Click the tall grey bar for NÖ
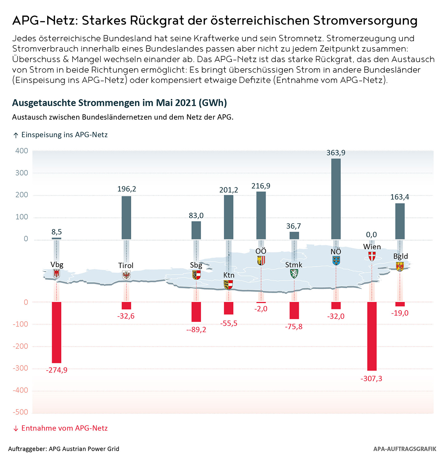coord(336,199)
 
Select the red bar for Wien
coord(372,336)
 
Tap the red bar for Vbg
coord(56,332)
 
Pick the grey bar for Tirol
coord(126,218)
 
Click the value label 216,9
coord(261,186)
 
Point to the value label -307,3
coord(371,379)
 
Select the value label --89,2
coord(196,329)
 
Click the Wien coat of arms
coord(372,256)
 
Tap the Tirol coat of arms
coord(126,275)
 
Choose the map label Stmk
coord(294,265)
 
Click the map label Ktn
coord(229,275)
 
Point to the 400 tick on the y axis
coord(22,151)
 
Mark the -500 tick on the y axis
coord(20,412)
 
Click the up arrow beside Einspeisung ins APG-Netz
coord(16,135)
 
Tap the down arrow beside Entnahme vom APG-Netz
coord(16,428)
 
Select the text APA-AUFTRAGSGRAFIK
coord(405,449)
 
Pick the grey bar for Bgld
coord(400,221)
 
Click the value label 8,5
coord(56,232)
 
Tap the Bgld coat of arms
coord(400,266)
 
